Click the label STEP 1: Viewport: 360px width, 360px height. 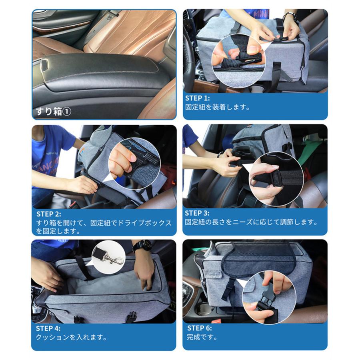coord(198,98)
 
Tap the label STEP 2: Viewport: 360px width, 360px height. coord(49,214)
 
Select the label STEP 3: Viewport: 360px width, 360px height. coord(197,213)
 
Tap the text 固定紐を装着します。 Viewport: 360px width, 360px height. coord(218,107)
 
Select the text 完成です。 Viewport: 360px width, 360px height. coord(202,337)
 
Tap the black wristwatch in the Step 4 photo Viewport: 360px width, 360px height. coord(142,245)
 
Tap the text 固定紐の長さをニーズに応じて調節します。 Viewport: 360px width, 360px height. coord(252,222)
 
